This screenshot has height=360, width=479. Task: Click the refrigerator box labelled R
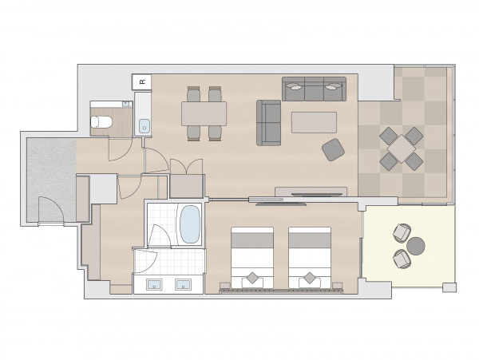pos(142,82)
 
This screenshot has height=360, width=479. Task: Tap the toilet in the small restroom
pos(101,122)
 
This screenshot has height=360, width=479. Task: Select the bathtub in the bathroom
pos(190,224)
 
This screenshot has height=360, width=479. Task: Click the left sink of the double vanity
pos(155,285)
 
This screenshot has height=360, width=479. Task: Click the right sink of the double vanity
pos(183,285)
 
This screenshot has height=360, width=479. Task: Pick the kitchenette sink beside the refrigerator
pos(144,126)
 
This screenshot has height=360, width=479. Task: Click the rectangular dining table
pos(204,113)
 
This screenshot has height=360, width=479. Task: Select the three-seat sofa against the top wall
pos(314,89)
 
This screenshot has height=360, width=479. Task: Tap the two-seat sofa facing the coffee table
pos(268,123)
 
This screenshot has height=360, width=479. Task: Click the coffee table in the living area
pos(314,122)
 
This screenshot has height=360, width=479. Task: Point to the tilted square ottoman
pos(333,149)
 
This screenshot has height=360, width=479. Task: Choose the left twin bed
pos(252,258)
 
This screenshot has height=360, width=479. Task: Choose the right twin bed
pos(310,258)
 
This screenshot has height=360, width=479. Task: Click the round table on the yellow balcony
pos(416,246)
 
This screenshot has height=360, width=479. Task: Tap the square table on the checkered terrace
pos(402,149)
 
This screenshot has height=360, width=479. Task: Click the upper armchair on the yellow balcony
pos(402,233)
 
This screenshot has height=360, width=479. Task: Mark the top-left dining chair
pos(193,94)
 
